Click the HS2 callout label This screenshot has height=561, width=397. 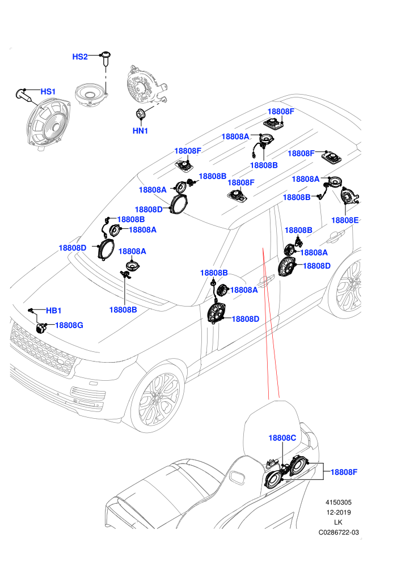pyautogui.click(x=80, y=57)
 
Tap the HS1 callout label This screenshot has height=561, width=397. pyautogui.click(x=48, y=92)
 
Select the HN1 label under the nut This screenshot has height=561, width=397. pyautogui.click(x=140, y=131)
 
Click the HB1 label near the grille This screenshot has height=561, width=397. pyautogui.click(x=54, y=311)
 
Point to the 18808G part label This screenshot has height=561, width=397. pyautogui.click(x=69, y=325)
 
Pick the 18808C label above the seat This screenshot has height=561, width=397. pyautogui.click(x=282, y=438)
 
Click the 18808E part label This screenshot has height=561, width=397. pyautogui.click(x=345, y=220)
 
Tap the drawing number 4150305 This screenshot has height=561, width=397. pyautogui.click(x=338, y=502)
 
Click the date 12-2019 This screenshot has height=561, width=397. pyautogui.click(x=338, y=512)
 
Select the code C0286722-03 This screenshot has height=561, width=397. pyautogui.click(x=339, y=532)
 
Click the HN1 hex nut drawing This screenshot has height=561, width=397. pyautogui.click(x=140, y=113)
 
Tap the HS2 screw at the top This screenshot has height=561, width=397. pyautogui.click(x=105, y=58)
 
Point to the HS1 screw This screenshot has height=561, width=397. pyautogui.click(x=24, y=96)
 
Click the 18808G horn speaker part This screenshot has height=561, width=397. pyautogui.click(x=41, y=328)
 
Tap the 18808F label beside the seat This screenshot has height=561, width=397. pyautogui.click(x=344, y=472)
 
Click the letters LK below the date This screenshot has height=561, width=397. pyautogui.click(x=338, y=522)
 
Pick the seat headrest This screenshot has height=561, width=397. pyautogui.click(x=272, y=430)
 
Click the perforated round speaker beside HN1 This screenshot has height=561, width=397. pyautogui.click(x=145, y=86)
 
